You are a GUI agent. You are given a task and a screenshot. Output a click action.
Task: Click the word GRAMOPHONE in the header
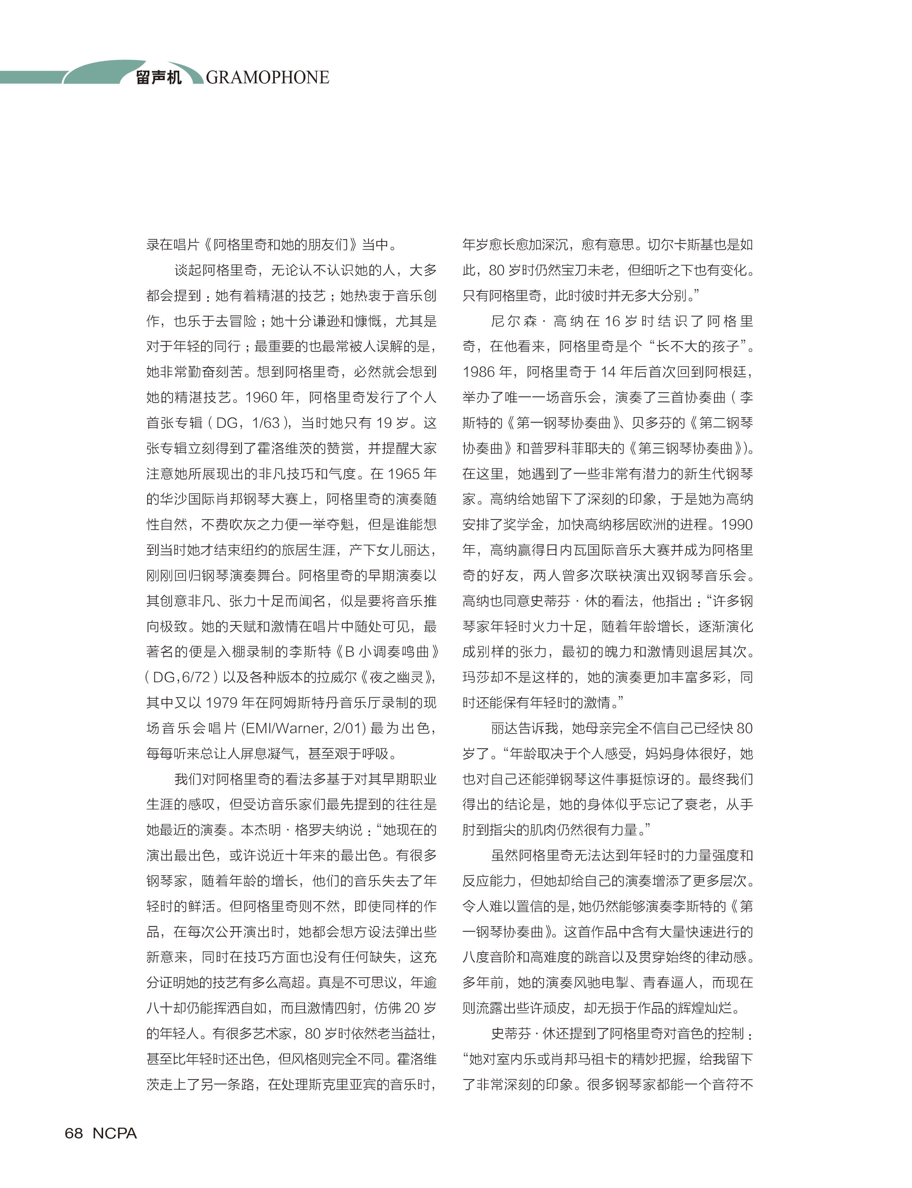pyautogui.click(x=267, y=78)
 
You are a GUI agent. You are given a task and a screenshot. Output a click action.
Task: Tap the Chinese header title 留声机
pyautogui.click(x=158, y=78)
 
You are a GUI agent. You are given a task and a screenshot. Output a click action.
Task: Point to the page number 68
pyautogui.click(x=74, y=1133)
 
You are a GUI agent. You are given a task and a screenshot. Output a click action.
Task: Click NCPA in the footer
pyautogui.click(x=115, y=1133)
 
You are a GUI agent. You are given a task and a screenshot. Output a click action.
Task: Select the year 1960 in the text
pyautogui.click(x=261, y=397)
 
